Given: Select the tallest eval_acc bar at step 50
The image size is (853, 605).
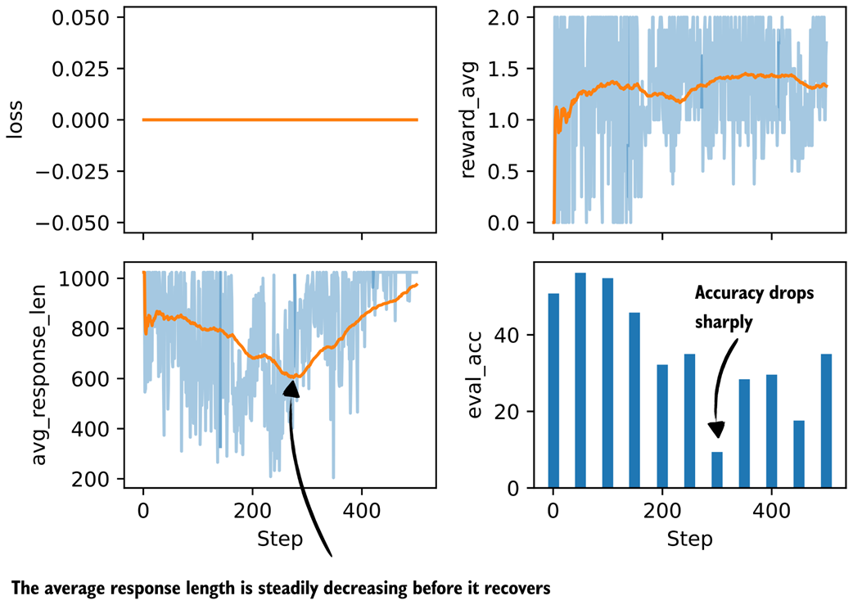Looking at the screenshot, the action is tap(580, 380).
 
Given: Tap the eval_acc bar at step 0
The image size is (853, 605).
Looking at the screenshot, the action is tap(553, 391).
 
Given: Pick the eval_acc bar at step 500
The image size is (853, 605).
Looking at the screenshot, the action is tap(826, 421).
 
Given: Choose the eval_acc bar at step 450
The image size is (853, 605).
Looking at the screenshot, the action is tap(799, 454).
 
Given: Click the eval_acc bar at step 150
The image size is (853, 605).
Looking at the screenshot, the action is tap(635, 400).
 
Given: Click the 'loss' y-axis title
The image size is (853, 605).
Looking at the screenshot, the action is tap(16, 120).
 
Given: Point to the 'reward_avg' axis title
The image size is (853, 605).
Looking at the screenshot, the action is tap(468, 120).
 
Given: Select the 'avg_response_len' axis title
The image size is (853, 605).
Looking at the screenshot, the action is tap(38, 376).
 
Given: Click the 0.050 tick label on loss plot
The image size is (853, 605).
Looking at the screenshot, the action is tap(80, 18).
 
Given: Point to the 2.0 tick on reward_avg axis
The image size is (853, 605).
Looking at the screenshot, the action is tap(503, 18).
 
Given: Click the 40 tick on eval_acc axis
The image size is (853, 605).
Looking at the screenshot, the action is tap(507, 335).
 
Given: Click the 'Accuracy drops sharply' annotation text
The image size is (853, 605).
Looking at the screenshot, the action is tap(754, 307).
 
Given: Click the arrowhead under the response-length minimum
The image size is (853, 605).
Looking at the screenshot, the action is tap(291, 389).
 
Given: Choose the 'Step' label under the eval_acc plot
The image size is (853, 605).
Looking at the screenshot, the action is tap(689, 539).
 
